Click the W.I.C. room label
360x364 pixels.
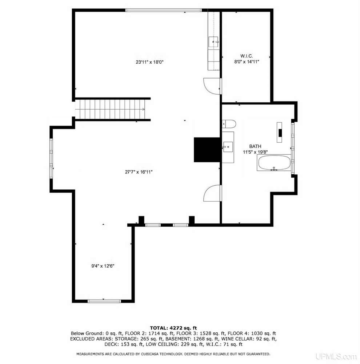point(246,56)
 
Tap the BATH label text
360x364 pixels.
point(255,146)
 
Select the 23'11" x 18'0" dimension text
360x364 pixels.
point(149,62)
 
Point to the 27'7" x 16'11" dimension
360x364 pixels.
point(139,172)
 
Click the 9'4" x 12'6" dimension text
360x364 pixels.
point(103,266)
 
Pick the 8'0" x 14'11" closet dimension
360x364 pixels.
point(246,62)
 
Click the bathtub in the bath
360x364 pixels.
point(274,163)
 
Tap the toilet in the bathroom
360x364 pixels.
point(229,124)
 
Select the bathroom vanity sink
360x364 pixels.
point(228,147)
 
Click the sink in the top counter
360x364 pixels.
point(213,42)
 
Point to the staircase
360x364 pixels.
point(111,109)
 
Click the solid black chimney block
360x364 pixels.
point(207,150)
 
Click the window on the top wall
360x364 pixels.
point(164,10)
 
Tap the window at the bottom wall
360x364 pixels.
point(104,301)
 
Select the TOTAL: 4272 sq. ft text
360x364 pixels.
point(173,328)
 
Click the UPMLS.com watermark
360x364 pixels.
point(336,356)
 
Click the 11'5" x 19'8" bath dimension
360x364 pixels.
point(255,152)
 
